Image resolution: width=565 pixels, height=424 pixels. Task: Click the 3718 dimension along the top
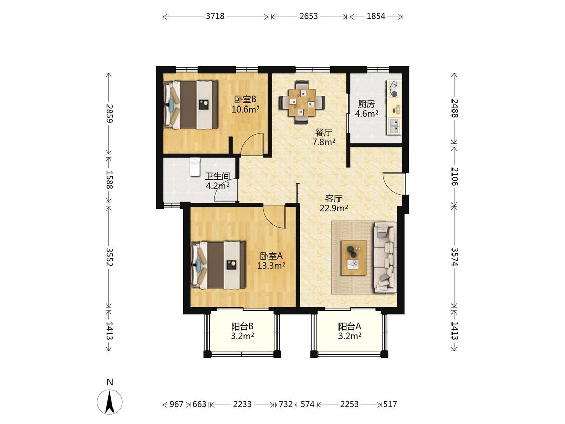coord(215,16)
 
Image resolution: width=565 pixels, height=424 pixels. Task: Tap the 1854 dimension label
coord(376,16)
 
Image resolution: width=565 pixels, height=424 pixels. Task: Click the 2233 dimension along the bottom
coord(242,404)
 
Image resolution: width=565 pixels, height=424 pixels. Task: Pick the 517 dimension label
coord(390,404)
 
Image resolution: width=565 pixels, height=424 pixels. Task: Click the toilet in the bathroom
coord(194,167)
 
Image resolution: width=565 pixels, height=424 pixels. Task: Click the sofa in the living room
coord(385,257)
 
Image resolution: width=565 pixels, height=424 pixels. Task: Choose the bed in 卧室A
coord(218,265)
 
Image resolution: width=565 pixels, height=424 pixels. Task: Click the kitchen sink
coord(394,126)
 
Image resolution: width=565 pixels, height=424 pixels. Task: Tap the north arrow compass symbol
coord(110,401)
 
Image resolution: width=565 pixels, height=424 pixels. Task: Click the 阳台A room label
coord(349,327)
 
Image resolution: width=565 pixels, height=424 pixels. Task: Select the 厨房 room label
coord(366,104)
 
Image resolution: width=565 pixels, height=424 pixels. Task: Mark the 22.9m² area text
coord(333,208)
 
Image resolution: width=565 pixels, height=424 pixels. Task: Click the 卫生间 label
coord(217,176)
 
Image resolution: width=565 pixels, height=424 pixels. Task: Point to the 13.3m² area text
coord(271,266)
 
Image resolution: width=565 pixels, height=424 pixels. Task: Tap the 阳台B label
coord(242,327)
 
